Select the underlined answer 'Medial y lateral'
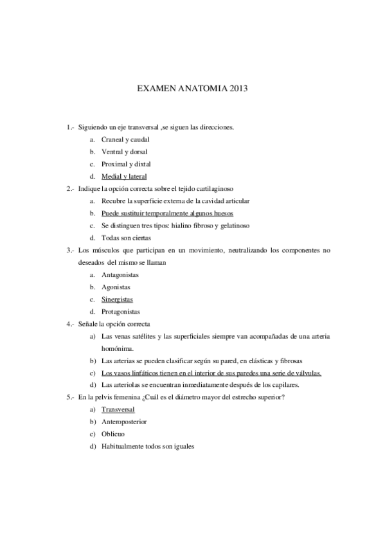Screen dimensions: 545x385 pos(124,176)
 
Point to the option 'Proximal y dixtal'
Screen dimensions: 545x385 pos(125,164)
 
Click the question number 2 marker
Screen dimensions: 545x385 pos(69,188)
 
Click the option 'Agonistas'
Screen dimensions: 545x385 pos(116,287)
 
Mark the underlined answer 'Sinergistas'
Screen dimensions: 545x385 pos(117,299)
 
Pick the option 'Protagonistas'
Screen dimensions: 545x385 pos(121,311)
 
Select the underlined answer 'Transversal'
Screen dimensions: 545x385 pos(118,409)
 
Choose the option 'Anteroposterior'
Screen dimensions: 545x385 pos(124,422)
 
